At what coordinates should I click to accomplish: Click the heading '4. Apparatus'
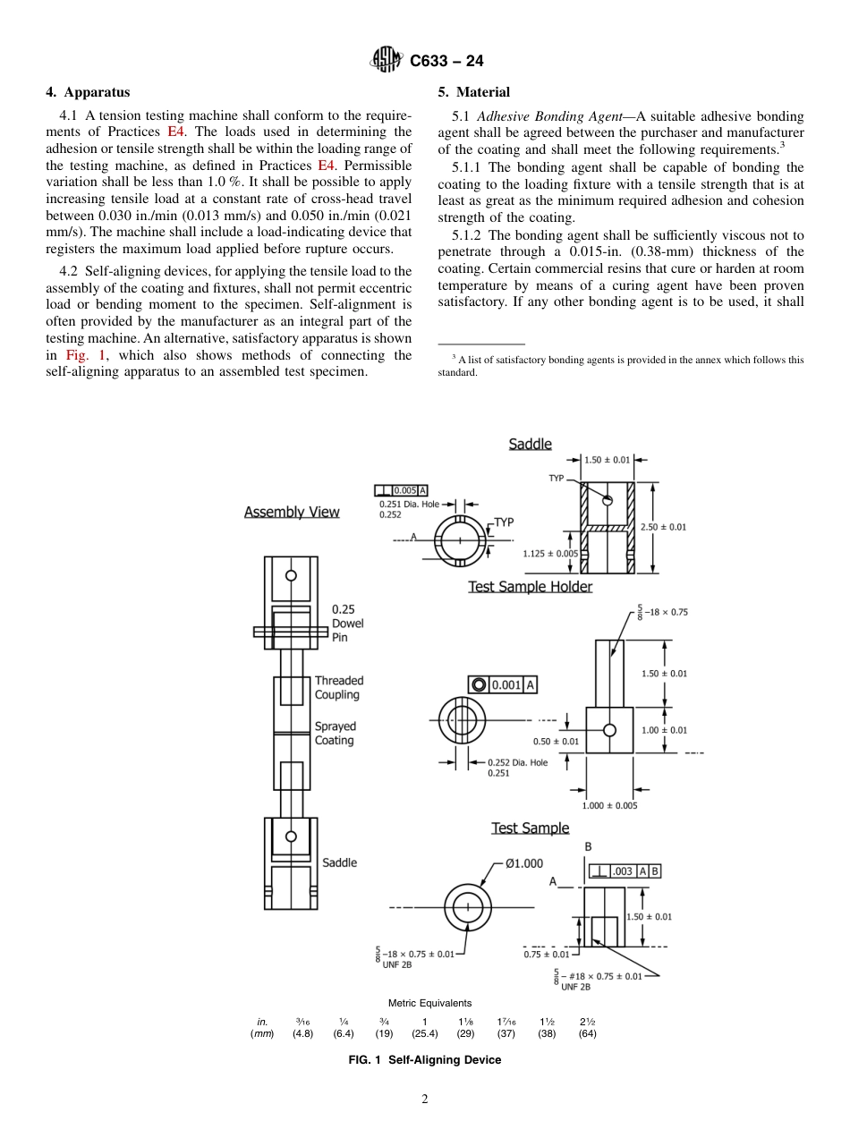88,92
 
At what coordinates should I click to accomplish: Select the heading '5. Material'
473,92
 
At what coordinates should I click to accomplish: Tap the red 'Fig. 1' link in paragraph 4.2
86,355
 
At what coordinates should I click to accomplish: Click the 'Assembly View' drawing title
292,513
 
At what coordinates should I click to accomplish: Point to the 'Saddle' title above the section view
530,445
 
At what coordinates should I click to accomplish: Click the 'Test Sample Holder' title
530,587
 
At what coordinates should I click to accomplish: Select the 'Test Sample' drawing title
530,828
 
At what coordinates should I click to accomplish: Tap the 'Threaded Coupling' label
338,688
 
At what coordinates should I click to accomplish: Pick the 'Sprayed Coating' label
335,734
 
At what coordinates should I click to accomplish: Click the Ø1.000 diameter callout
523,863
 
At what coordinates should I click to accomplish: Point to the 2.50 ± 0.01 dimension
663,527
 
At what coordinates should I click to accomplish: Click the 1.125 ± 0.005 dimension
549,554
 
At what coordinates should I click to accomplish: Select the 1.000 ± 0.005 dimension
609,806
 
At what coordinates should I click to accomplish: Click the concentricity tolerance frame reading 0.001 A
502,684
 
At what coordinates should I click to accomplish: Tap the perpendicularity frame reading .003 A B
625,871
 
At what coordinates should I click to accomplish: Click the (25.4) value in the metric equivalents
424,1033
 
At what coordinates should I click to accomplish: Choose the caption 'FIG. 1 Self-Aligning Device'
424,1060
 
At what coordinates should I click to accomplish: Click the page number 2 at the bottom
425,1100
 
